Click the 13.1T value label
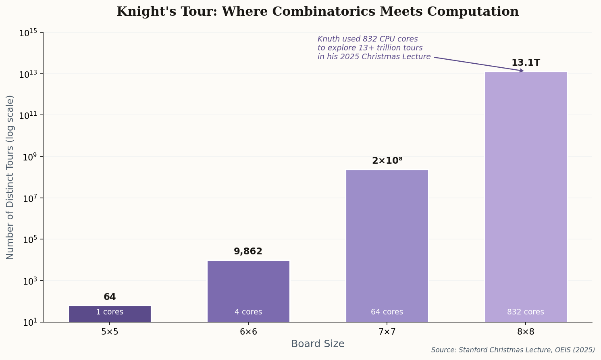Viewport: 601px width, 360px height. coord(526,63)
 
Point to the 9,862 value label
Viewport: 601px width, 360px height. coord(248,252)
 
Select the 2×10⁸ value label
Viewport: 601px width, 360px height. coord(387,161)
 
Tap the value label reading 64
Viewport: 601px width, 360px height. coord(110,297)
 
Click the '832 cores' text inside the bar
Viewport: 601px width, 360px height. coord(526,312)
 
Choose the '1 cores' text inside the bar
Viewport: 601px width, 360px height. coord(110,312)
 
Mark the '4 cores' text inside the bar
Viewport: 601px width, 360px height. coord(248,312)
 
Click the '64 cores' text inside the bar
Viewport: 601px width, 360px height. coord(387,312)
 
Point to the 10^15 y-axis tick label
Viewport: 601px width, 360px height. coord(28,33)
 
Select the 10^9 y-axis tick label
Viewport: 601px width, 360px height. coord(29,157)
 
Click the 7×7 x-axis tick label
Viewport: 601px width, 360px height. coord(387,332)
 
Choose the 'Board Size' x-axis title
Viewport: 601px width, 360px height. coord(318,344)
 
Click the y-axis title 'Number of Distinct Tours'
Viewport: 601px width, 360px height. coord(10,177)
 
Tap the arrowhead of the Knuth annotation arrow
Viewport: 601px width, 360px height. coord(522,71)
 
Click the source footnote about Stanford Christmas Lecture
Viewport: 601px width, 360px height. coord(513,350)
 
